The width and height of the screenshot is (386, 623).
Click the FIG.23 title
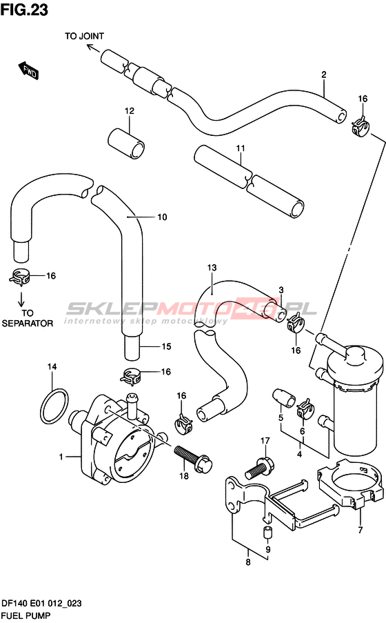24,9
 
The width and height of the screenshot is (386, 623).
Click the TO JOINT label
84,36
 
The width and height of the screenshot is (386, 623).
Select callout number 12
130,111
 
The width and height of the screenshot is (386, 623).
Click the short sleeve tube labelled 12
126,143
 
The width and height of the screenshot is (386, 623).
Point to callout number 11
241,148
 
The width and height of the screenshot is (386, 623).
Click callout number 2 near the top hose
324,75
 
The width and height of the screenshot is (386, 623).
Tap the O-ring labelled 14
54,406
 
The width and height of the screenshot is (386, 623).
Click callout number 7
360,530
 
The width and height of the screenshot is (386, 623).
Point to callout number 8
248,562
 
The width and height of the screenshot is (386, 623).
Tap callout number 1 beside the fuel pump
61,457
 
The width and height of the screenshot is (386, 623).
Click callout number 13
212,268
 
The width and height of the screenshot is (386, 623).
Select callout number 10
163,217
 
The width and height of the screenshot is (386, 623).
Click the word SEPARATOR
28,324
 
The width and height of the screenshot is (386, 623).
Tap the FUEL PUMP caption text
26,616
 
